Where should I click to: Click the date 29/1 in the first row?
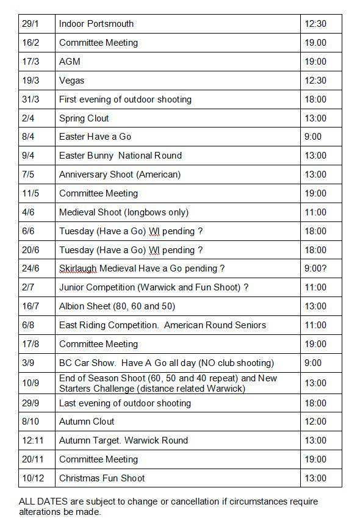pyautogui.click(x=30, y=24)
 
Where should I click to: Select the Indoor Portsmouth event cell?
pyautogui.click(x=96, y=24)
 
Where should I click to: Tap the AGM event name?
pyautogui.click(x=70, y=62)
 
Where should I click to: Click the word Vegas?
pyautogui.click(x=71, y=81)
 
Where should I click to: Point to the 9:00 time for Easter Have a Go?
pyautogui.click(x=312, y=137)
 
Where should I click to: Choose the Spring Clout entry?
pyautogui.click(x=84, y=118)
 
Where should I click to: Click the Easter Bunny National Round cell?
pyautogui.click(x=120, y=156)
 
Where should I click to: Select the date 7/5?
pyautogui.click(x=27, y=174)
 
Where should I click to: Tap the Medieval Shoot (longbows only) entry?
pyautogui.click(x=124, y=212)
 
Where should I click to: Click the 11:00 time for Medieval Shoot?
pyautogui.click(x=315, y=212)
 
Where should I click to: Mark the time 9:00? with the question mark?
pyautogui.click(x=315, y=268)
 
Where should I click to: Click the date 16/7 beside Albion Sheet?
pyautogui.click(x=30, y=306)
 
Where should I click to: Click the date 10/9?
pyautogui.click(x=30, y=383)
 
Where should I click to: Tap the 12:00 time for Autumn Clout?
pyautogui.click(x=315, y=422)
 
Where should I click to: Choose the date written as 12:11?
pyautogui.click(x=32, y=440)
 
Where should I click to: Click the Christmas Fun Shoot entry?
pyautogui.click(x=102, y=478)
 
